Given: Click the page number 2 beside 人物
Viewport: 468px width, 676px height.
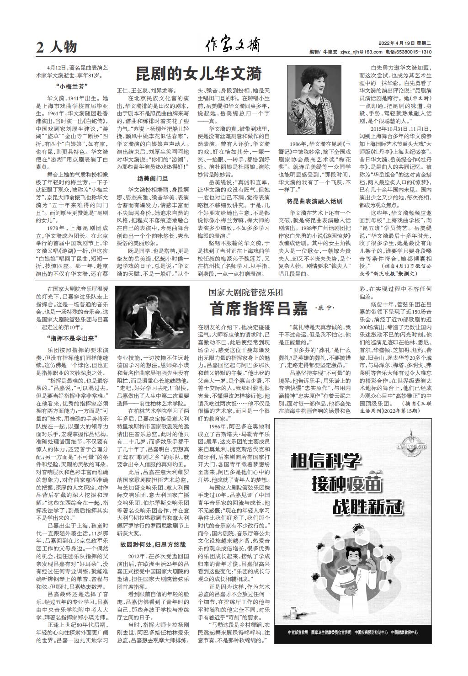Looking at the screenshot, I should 40,47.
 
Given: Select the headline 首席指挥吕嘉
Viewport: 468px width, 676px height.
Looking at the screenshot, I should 259,309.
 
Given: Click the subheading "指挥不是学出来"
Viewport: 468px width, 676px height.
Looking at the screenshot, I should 72,339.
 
